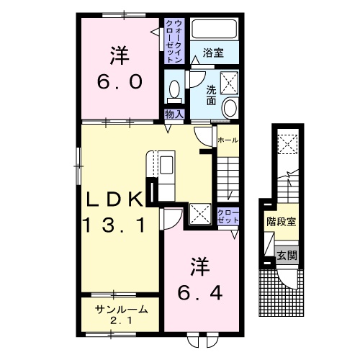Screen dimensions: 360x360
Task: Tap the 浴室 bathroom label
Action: click(x=212, y=53)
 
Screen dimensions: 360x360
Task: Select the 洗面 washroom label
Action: click(x=212, y=94)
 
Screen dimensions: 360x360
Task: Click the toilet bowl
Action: click(x=174, y=89)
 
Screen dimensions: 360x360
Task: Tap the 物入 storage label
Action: click(x=174, y=114)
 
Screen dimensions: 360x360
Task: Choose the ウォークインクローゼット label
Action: click(x=174, y=41)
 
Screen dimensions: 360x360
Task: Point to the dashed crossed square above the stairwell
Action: click(x=287, y=146)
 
